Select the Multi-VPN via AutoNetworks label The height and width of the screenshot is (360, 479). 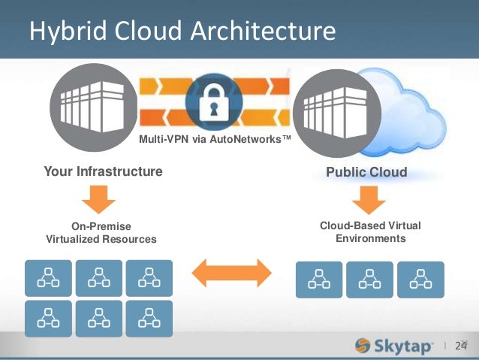point(215,139)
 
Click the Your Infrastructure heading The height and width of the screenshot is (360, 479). point(103,172)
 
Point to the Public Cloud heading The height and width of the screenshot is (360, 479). point(366,172)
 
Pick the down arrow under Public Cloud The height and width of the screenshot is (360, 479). point(368,199)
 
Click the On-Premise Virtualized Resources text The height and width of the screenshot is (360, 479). point(101,232)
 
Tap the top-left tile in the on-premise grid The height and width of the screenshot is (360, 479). point(49,278)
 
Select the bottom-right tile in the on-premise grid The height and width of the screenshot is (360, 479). point(149,319)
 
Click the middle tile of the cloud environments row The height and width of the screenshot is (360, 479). point(369,280)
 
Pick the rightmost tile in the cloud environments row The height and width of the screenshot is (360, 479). point(420,280)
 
